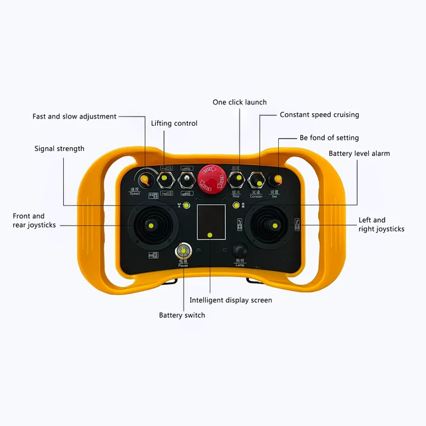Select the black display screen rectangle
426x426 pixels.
[x=211, y=224]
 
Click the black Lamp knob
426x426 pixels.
[x=241, y=251]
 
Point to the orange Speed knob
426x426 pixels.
[x=145, y=178]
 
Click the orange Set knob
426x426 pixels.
[x=275, y=180]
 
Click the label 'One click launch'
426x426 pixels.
[x=240, y=103]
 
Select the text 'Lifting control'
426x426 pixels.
[x=174, y=123]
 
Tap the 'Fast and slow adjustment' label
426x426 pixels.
[x=75, y=116]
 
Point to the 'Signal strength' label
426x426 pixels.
[x=59, y=148]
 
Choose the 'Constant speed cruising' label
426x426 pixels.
[x=319, y=114]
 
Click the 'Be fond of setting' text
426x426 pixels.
[x=329, y=138]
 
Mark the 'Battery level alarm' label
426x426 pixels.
[x=359, y=154]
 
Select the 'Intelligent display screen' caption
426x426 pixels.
[x=231, y=300]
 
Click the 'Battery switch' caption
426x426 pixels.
[x=182, y=315]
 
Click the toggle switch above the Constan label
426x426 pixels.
[x=256, y=180]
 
